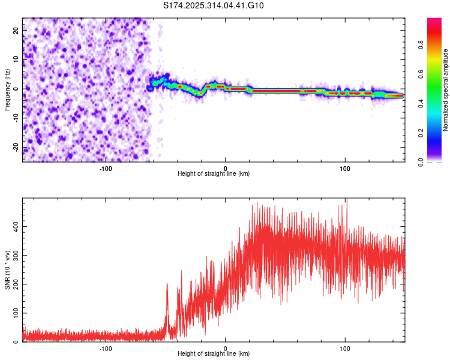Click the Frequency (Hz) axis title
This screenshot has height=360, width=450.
tap(7, 89)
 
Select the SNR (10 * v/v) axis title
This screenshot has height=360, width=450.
tap(7, 270)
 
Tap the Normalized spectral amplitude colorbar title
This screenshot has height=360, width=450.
tap(446, 90)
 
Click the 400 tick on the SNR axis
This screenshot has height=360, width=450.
tap(14, 226)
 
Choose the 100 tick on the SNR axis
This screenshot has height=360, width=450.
tap(14, 313)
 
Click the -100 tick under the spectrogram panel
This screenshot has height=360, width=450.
tap(106, 167)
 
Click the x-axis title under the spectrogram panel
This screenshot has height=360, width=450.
tap(214, 174)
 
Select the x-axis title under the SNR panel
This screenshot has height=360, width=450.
tap(214, 354)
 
